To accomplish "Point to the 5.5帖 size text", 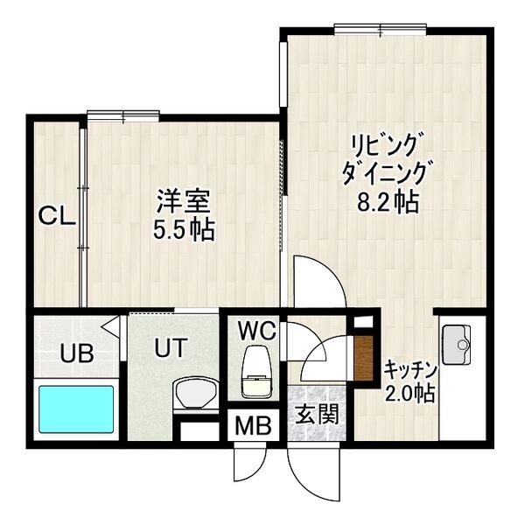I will pos(185,232).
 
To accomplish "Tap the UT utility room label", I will pos(170,348).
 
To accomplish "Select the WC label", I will pos(257,331).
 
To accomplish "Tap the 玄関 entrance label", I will pos(316,414).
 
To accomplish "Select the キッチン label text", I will pos(410,369).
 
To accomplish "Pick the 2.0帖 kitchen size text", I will pos(409,393).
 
